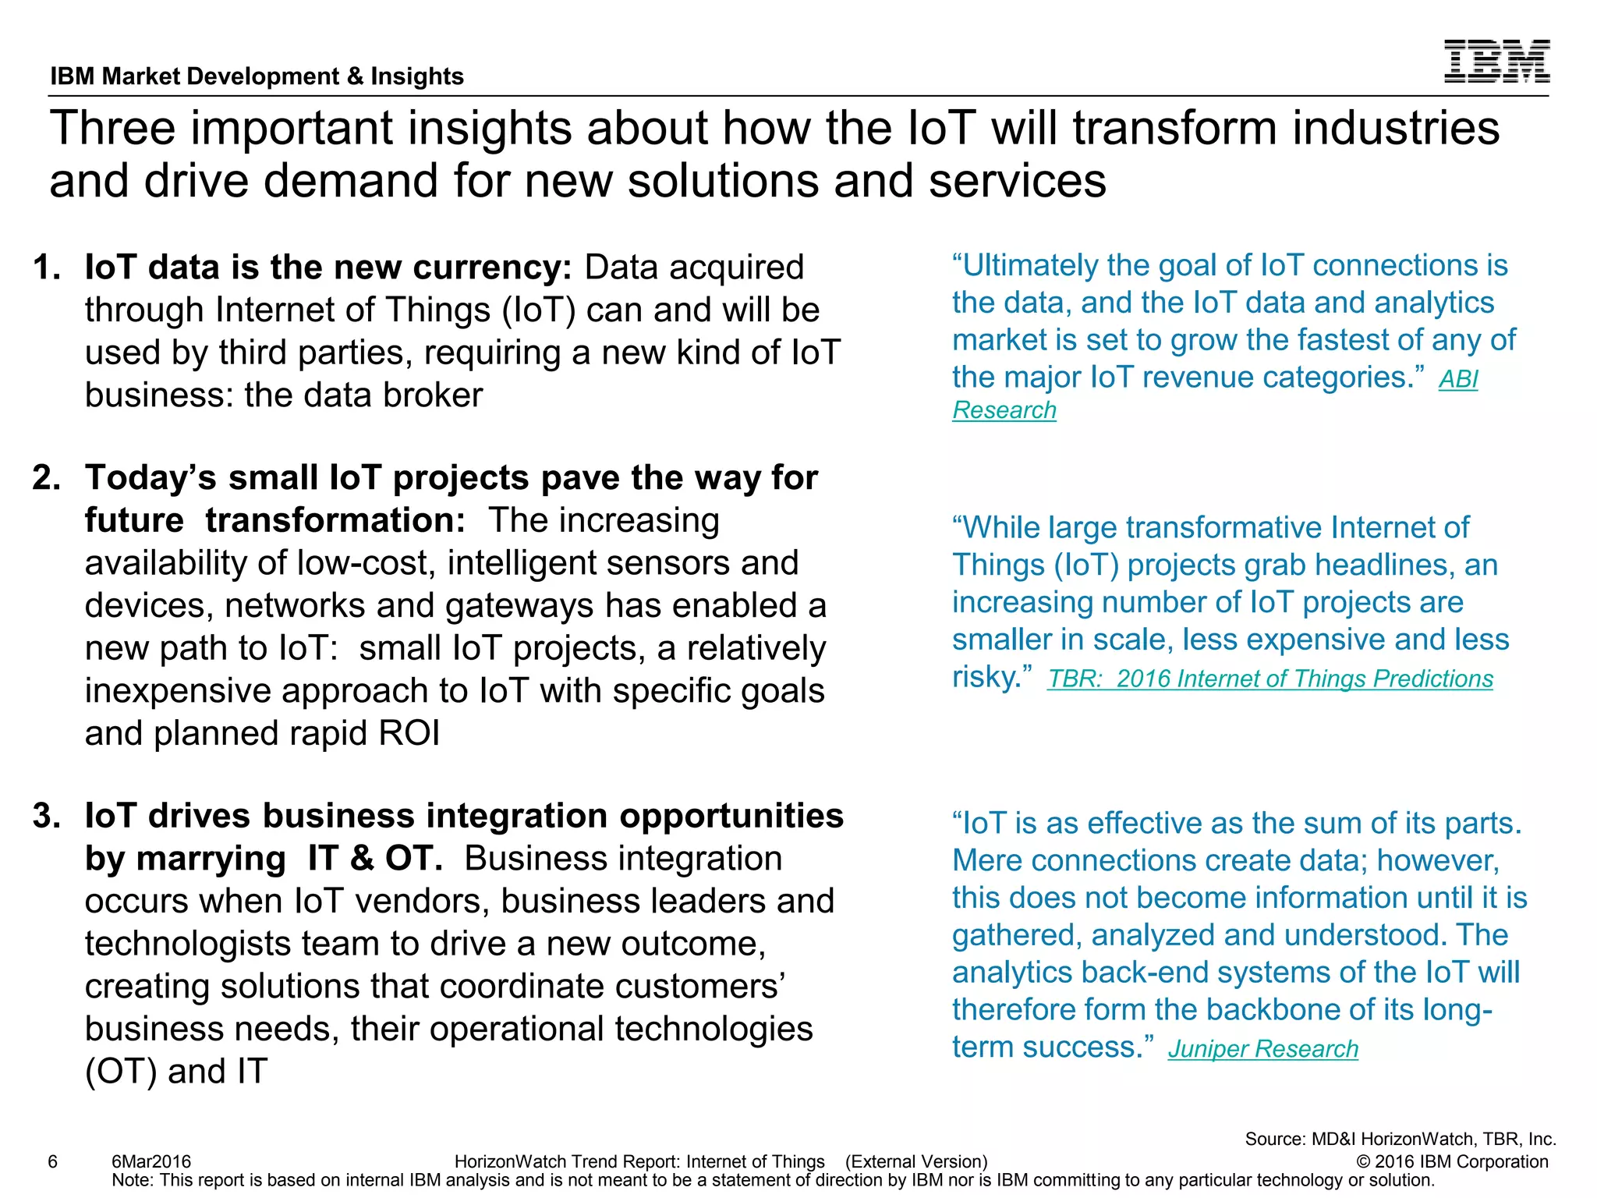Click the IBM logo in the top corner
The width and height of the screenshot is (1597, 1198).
pos(1496,62)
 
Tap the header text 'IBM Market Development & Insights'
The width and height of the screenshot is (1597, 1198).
pos(257,76)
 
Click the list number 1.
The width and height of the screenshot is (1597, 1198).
pos(47,268)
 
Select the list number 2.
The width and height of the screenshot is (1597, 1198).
pos(47,478)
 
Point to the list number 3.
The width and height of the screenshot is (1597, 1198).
pos(47,816)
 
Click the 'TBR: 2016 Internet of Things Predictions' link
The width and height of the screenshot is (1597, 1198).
pos(1269,679)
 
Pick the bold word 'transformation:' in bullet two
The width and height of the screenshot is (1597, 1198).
pos(335,521)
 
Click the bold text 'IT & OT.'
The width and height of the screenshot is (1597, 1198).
pos(375,859)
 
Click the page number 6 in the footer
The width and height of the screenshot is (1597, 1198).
pos(53,1162)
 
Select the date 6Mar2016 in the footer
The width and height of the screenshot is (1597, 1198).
pos(151,1162)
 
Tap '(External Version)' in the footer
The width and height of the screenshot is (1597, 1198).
pos(916,1162)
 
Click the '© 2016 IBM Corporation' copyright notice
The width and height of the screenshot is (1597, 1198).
pos(1452,1162)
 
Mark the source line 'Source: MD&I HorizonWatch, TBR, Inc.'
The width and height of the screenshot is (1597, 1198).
pos(1400,1140)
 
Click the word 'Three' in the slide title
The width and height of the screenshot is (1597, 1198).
pos(112,129)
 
